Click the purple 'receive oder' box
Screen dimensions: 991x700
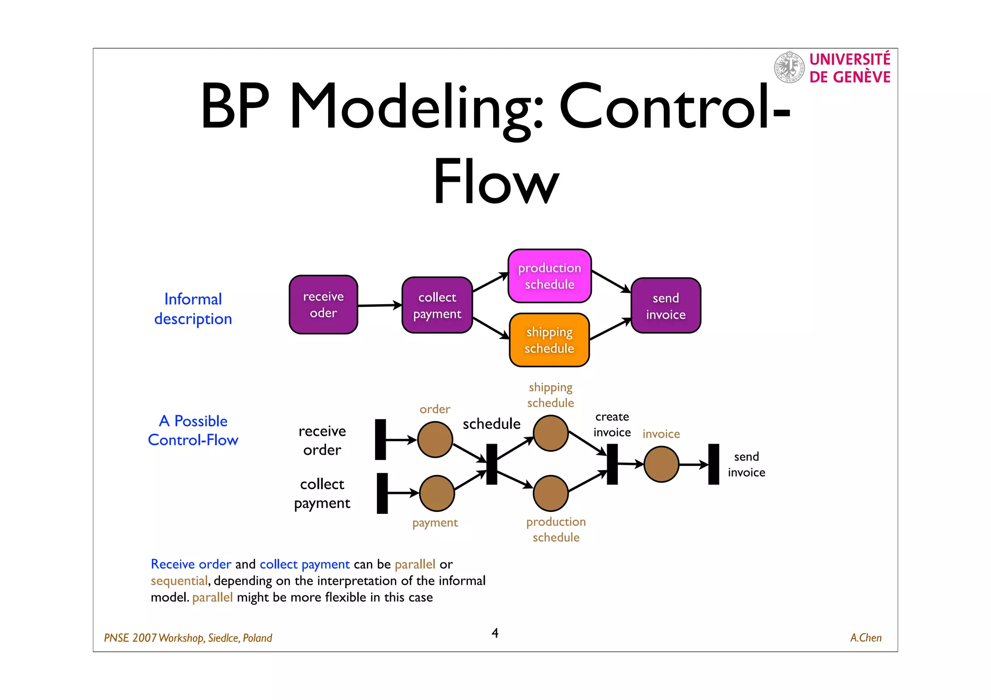tap(323, 305)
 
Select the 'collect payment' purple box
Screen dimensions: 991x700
tap(437, 305)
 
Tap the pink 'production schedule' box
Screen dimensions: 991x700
tap(549, 276)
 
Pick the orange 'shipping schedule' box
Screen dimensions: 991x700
tap(549, 340)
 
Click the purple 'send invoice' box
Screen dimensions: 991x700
tap(665, 306)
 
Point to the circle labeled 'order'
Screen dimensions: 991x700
tap(435, 439)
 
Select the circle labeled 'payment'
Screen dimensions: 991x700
tap(436, 493)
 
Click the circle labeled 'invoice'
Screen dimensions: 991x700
tap(661, 464)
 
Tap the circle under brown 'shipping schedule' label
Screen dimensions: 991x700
tap(550, 433)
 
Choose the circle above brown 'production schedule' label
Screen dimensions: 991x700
tap(550, 493)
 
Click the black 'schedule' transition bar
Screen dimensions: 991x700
tap(491, 464)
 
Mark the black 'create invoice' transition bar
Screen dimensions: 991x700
tap(612, 464)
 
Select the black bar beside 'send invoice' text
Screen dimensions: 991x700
tap(713, 464)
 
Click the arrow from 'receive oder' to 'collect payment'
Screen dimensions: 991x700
tap(380, 305)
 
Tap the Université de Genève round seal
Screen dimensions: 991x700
tap(789, 67)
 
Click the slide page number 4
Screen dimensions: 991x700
tap(495, 633)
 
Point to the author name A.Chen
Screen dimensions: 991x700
tap(865, 638)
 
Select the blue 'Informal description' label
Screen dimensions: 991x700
tap(193, 309)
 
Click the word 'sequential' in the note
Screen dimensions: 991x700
tap(179, 581)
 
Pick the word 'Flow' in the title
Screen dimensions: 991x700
tap(495, 181)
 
